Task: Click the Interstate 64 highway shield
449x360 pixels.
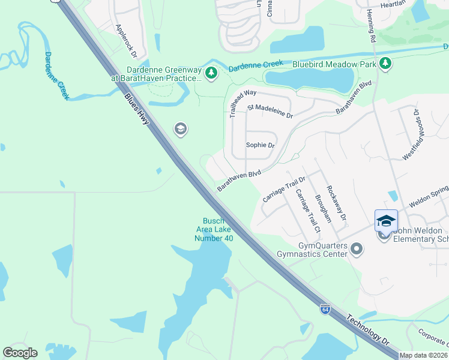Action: click(x=325, y=309)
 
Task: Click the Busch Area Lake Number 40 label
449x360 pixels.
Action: click(x=213, y=230)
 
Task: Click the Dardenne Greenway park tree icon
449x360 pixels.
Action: click(x=211, y=73)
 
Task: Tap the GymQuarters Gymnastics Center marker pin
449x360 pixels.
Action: click(x=357, y=248)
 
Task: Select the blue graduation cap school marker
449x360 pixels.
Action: click(x=386, y=221)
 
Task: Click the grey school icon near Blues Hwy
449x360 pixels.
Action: click(x=179, y=128)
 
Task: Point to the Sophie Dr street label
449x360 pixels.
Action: click(x=260, y=145)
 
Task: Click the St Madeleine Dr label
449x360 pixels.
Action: click(x=270, y=111)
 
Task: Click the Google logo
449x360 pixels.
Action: click(x=20, y=353)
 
